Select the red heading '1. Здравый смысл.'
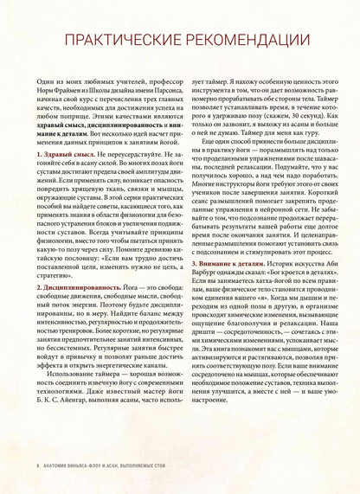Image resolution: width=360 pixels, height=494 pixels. click(x=64, y=154)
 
